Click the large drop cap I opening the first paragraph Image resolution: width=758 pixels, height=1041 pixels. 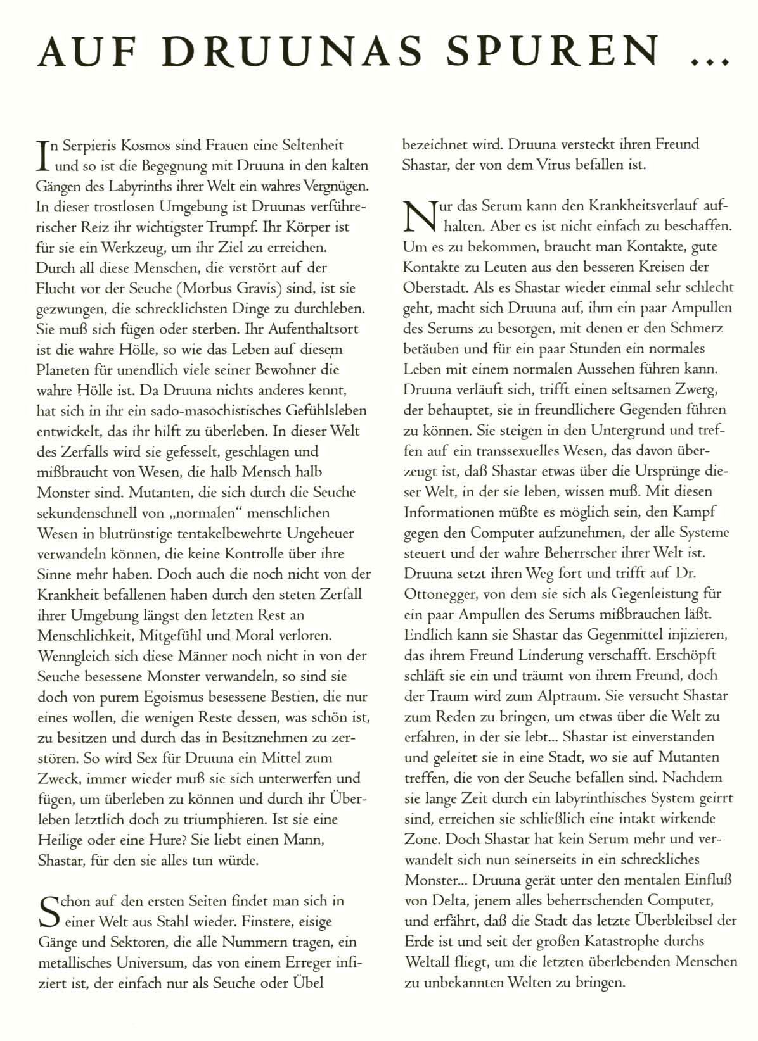44,156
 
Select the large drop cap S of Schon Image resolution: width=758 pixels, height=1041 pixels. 48,911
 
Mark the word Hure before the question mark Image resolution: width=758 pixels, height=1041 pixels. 167,840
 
